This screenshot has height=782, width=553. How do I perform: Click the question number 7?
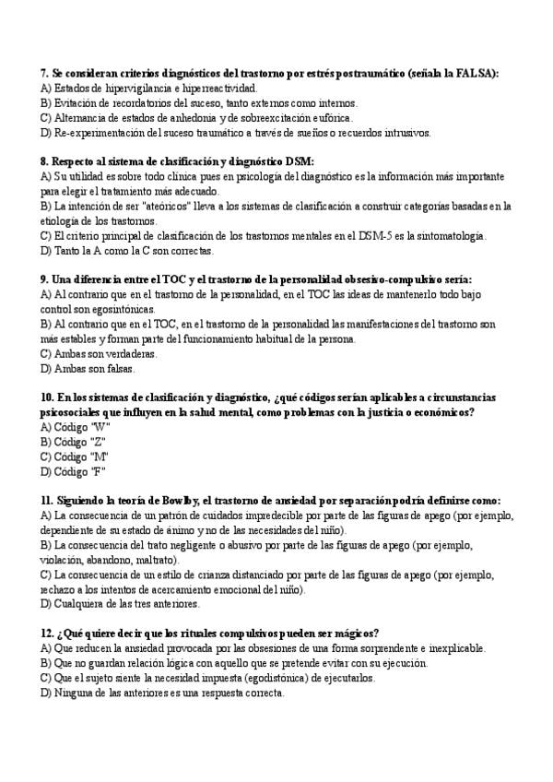tap(44, 73)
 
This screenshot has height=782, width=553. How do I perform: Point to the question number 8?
tap(44, 161)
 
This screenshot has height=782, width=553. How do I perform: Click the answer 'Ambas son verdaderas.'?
tap(99, 353)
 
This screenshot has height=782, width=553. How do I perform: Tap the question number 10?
tap(48, 397)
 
